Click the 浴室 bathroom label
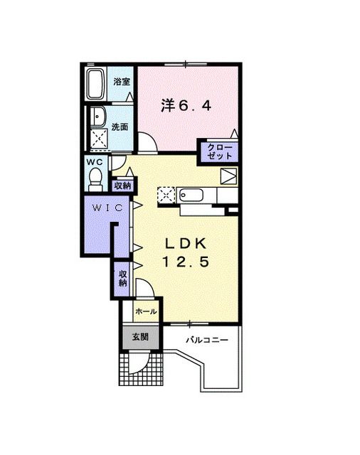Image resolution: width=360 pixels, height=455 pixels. pyautogui.click(x=122, y=81)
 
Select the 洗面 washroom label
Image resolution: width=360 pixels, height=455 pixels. pyautogui.click(x=120, y=127)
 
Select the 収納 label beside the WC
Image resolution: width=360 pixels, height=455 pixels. pyautogui.click(x=122, y=186)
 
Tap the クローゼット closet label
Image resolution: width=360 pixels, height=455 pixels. pyautogui.click(x=219, y=151)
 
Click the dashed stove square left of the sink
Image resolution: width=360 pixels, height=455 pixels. pyautogui.click(x=165, y=193)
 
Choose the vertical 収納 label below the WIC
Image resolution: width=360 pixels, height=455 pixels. pyautogui.click(x=122, y=278)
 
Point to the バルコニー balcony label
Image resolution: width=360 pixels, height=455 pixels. pyautogui.click(x=207, y=341)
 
